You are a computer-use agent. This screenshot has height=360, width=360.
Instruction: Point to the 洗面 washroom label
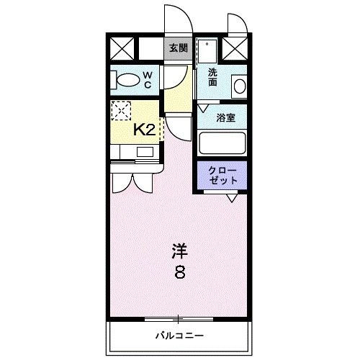click(x=214, y=78)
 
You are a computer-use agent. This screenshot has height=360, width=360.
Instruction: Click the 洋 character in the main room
click(x=179, y=252)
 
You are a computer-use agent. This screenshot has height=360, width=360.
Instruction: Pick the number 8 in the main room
click(x=179, y=274)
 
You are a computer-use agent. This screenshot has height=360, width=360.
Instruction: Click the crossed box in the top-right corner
click(x=235, y=49)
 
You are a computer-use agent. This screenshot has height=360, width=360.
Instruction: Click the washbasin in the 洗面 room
click(x=240, y=84)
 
